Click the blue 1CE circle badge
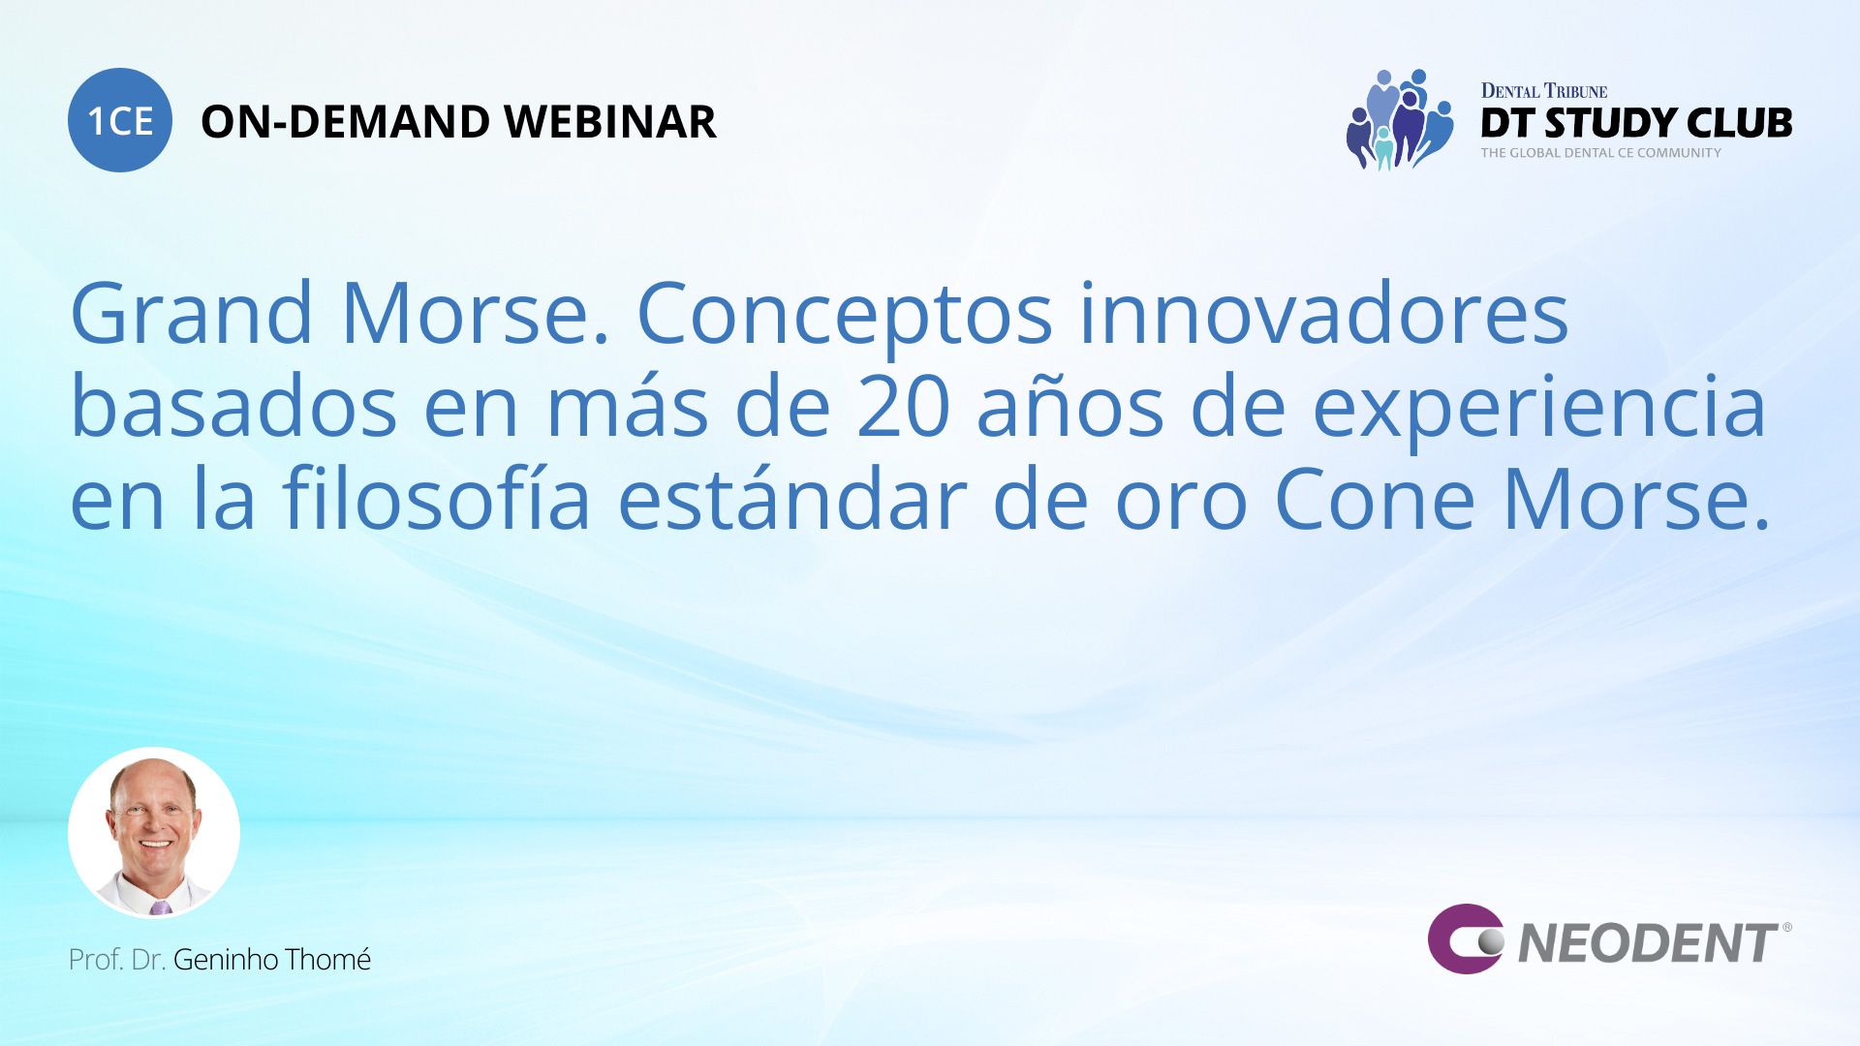tap(120, 120)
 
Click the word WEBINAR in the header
tap(610, 122)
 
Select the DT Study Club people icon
tap(1399, 119)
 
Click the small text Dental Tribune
tap(1544, 91)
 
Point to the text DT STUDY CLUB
tap(1636, 123)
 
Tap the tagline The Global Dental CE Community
tap(1600, 153)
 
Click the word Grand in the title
tap(192, 313)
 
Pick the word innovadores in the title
tap(1323, 313)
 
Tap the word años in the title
tap(1069, 407)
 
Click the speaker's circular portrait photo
tap(154, 833)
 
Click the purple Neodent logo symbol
tap(1466, 938)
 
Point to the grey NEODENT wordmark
tap(1648, 943)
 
